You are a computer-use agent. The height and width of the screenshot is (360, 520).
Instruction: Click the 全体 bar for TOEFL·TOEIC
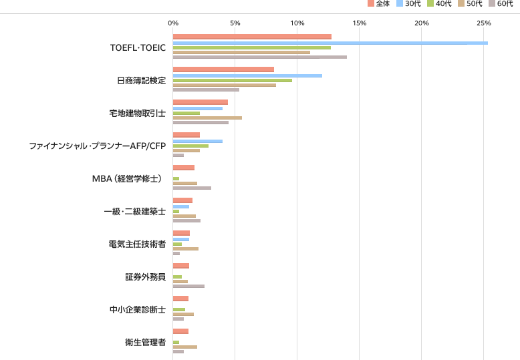point(252,37)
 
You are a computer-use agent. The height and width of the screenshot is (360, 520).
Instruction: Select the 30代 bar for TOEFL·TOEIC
point(330,43)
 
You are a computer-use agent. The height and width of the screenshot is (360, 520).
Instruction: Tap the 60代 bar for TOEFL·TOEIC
point(259,57)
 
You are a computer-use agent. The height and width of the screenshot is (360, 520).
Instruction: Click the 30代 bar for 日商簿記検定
point(247,75)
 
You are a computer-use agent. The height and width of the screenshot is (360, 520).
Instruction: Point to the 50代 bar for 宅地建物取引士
point(207,118)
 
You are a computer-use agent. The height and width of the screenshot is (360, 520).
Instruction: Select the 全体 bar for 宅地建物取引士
point(201,102)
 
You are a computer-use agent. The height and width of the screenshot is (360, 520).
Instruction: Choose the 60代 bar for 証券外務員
point(188,286)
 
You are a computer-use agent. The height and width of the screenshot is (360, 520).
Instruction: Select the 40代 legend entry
point(439,4)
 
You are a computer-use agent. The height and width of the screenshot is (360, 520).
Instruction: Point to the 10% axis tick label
point(297,23)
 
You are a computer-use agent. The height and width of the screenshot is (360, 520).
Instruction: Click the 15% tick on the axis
point(360,23)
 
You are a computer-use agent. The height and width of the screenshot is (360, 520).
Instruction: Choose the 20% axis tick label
point(422,23)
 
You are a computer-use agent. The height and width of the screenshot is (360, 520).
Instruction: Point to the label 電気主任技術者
point(137,244)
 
